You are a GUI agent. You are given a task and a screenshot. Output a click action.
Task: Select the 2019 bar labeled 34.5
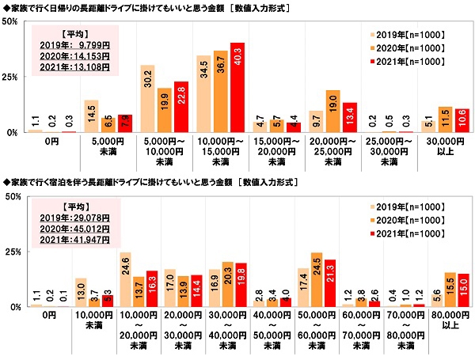[x=203, y=94]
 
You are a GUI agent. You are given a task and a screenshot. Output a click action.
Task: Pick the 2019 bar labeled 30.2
[x=147, y=99]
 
